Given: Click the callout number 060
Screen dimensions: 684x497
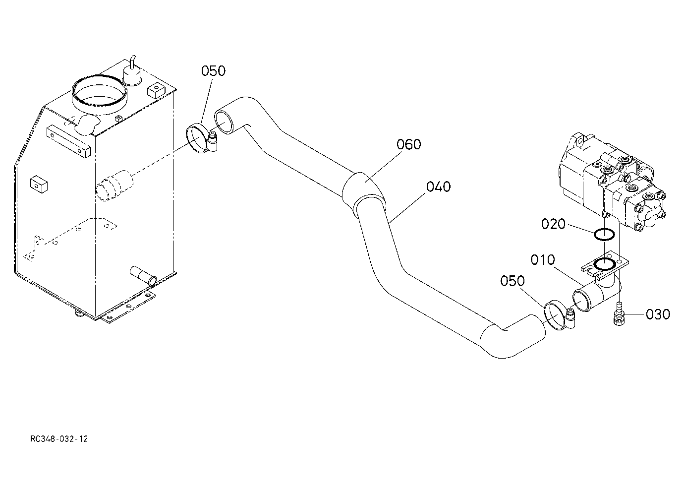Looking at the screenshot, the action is coord(408,144).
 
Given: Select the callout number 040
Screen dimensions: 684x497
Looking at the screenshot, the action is coord(438,186).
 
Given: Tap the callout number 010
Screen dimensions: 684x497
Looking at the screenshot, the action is coord(543,260).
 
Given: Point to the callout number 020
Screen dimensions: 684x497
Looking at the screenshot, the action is coord(553,224).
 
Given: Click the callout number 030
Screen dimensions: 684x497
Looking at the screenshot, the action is coord(658,314).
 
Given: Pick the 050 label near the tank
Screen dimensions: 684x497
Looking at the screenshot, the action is coord(213,70).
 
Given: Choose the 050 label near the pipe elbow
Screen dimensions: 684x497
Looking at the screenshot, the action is coord(513,281).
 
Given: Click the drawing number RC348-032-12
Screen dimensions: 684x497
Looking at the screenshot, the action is coord(59,439).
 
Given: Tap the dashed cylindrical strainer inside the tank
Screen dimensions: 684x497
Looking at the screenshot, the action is coord(114,186).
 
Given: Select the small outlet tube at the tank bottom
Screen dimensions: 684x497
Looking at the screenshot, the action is coord(143,275).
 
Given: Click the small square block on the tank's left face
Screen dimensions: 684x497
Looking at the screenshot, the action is coord(39,185).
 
